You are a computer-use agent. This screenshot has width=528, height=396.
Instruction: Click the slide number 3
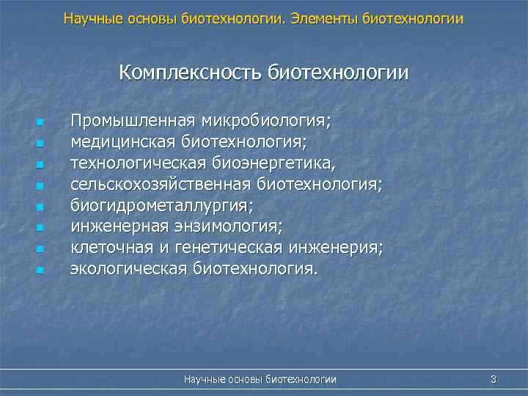click(x=494, y=379)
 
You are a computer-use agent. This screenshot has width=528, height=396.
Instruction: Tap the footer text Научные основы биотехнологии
click(x=260, y=379)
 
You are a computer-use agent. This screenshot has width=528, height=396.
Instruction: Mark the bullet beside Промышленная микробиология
click(x=40, y=122)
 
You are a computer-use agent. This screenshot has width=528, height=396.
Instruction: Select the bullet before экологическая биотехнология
click(x=40, y=271)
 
